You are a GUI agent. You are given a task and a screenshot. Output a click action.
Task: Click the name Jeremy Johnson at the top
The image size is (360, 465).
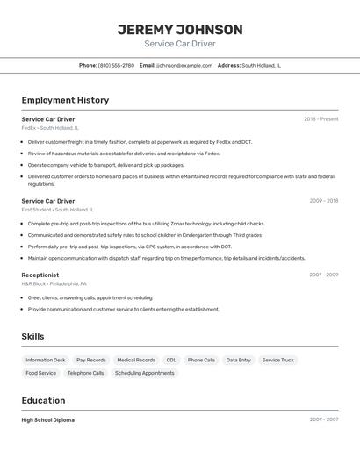click(180, 29)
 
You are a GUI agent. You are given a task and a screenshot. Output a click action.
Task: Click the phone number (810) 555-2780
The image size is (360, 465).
click(116, 65)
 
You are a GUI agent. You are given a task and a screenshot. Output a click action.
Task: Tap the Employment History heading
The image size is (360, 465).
click(65, 100)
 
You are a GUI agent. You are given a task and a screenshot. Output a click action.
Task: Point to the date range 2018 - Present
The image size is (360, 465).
click(320, 119)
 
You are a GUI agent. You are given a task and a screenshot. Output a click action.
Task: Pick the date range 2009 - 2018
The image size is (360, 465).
click(323, 201)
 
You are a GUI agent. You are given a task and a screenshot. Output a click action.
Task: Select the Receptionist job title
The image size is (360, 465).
click(40, 275)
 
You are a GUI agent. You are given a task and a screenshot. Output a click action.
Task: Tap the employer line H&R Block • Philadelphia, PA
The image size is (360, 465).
click(54, 283)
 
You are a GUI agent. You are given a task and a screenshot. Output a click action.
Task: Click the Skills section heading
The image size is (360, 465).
click(32, 336)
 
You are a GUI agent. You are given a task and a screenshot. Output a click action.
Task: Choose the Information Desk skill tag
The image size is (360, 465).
click(46, 360)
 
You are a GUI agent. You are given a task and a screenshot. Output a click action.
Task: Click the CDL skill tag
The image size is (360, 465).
click(171, 360)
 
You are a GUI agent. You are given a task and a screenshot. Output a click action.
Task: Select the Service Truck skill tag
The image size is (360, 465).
click(277, 360)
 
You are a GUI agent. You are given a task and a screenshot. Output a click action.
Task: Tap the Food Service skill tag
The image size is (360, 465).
click(40, 373)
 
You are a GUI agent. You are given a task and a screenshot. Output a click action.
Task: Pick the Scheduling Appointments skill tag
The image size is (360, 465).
click(144, 373)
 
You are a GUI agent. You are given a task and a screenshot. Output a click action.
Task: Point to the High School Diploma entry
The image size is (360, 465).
click(48, 420)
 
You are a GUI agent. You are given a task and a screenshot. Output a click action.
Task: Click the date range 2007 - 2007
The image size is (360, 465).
click(323, 420)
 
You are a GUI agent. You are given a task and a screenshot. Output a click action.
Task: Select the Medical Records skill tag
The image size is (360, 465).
click(136, 360)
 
